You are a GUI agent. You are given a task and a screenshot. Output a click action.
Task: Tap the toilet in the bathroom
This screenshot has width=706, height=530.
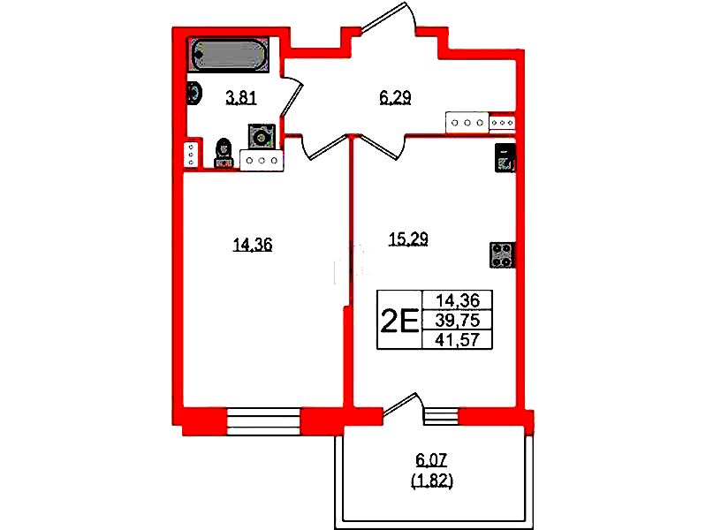224,153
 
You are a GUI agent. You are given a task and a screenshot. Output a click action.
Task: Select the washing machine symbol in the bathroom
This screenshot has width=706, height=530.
261,135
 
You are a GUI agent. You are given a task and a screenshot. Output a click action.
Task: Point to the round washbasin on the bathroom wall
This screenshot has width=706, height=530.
194,94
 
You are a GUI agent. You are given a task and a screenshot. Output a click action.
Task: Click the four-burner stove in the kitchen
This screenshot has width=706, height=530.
502,255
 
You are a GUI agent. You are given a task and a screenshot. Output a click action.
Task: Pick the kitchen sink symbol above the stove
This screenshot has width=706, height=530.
505,157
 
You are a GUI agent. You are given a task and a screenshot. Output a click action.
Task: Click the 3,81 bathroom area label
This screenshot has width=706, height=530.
241,98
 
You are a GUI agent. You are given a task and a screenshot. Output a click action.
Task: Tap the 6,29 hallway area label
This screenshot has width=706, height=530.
395,98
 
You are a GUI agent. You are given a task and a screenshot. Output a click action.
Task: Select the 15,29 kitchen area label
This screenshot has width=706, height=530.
408,239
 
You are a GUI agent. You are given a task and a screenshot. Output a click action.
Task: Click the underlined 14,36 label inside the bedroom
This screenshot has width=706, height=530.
253,245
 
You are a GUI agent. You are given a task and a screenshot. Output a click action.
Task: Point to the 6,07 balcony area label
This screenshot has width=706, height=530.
431,460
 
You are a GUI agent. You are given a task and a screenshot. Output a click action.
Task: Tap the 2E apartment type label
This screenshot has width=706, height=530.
399,321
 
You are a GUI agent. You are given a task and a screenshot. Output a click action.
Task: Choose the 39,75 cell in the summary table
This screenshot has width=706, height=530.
458,320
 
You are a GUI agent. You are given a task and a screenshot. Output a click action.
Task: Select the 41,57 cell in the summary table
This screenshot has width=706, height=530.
458,339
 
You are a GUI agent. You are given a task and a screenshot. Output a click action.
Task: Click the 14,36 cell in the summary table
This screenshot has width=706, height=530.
458,300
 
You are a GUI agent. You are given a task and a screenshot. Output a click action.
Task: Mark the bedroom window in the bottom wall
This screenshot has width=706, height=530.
263,421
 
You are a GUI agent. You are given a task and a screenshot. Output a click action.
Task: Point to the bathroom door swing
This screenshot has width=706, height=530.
291,97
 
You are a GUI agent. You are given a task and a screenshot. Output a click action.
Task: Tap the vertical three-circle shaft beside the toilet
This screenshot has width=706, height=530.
192,155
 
